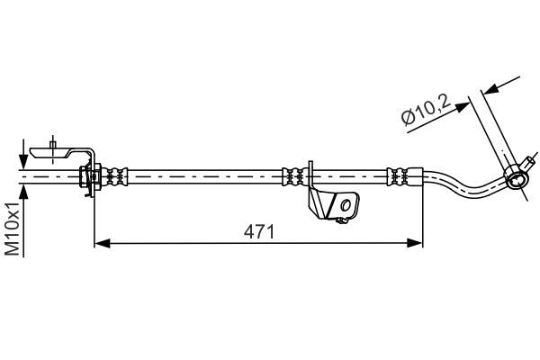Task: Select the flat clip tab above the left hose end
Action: (56, 151)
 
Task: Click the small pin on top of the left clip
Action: (55, 141)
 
